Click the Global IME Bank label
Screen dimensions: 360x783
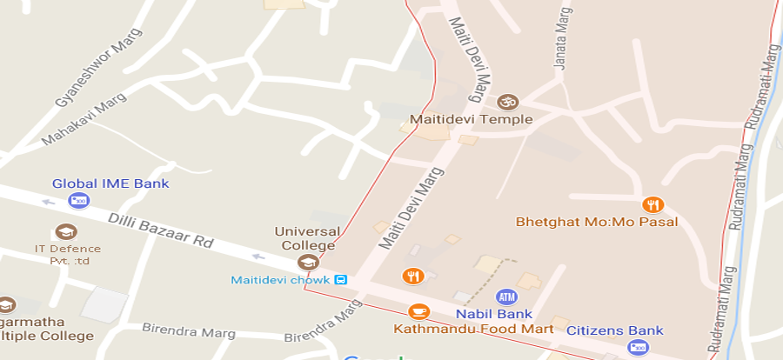pos(110,183)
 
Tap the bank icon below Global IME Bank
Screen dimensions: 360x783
pos(79,202)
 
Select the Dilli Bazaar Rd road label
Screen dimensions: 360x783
pos(161,229)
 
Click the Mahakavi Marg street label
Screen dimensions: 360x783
pos(84,119)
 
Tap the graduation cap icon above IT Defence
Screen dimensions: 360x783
pos(64,231)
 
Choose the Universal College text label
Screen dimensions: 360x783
pos(305,238)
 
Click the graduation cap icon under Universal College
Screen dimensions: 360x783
pos(306,262)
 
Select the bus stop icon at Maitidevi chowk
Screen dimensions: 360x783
pos(341,280)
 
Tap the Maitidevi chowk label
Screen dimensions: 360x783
pos(280,280)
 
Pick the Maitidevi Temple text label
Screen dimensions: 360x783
pos(471,119)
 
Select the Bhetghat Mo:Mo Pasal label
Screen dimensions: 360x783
pos(596,222)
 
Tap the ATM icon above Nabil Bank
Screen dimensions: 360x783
pos(505,297)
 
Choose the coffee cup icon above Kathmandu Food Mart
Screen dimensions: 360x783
pos(418,310)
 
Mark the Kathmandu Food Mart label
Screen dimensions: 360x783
pos(472,330)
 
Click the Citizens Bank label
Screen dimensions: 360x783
pos(614,330)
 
